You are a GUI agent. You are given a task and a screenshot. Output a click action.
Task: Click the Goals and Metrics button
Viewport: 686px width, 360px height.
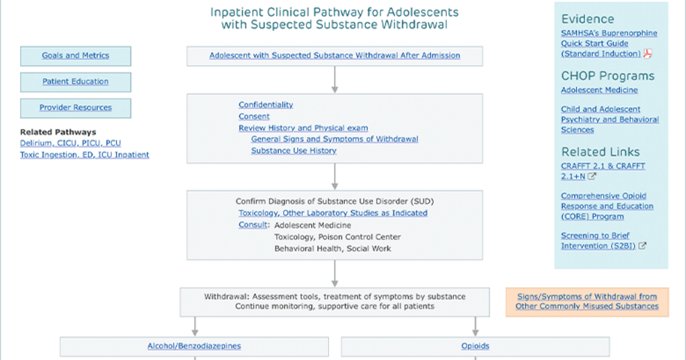[75, 56]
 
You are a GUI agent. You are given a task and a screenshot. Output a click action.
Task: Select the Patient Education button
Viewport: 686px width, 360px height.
[75, 82]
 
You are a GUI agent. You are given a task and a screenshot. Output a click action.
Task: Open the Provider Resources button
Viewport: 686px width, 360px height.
[75, 108]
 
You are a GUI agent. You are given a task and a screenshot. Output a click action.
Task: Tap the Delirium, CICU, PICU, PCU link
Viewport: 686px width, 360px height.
[70, 143]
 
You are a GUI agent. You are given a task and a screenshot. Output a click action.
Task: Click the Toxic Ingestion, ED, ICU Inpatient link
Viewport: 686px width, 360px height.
[85, 155]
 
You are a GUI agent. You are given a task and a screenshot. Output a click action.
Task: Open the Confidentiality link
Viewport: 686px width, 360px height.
[266, 105]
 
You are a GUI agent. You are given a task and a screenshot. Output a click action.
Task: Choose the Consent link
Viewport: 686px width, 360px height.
[254, 117]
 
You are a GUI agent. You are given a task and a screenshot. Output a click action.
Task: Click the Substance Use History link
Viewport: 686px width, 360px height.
[294, 151]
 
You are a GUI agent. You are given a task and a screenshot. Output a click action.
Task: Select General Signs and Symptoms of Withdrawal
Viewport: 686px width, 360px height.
[334, 139]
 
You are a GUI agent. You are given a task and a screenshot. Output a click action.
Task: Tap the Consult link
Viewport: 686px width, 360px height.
[253, 225]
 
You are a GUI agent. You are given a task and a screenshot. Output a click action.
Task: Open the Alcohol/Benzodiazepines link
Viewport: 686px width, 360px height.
[194, 346]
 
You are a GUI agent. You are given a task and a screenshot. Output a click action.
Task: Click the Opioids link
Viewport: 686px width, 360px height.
[475, 346]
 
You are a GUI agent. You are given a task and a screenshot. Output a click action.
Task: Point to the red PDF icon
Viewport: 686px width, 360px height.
[647, 54]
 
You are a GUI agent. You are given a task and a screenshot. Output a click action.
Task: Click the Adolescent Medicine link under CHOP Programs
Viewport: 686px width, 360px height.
[599, 90]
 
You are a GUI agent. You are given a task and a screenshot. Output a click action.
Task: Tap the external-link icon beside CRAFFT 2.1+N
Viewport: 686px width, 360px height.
[592, 177]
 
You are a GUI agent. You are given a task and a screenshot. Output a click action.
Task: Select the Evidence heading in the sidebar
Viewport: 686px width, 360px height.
[588, 19]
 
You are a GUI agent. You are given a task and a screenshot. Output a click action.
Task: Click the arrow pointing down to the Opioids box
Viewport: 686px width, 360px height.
[475, 326]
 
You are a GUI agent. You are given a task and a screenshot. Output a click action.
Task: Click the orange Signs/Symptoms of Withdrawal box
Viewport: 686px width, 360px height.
[587, 302]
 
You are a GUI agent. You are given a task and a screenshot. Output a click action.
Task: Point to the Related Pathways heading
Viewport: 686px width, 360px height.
[58, 132]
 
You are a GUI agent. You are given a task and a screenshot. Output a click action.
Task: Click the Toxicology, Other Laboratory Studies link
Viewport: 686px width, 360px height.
[333, 213]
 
